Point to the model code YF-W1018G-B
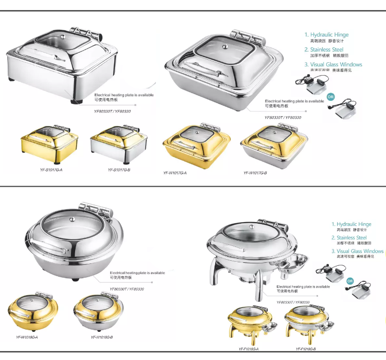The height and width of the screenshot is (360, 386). coord(102,337)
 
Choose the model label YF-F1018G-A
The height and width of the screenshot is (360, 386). coord(249,349)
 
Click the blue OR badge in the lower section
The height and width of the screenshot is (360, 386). coord(350,281)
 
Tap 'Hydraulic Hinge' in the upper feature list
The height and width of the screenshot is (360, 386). coord(329,34)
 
